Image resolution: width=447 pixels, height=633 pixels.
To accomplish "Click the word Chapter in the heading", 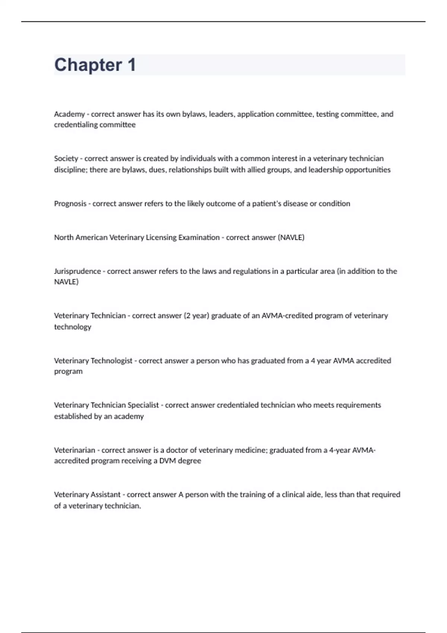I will click(88, 65).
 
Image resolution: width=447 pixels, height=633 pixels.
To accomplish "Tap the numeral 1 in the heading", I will click(131, 65).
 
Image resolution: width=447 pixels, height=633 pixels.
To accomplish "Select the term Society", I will click(66, 159).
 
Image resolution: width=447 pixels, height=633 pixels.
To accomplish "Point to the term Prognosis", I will click(70, 204).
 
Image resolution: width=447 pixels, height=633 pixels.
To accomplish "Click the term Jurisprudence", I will click(77, 271).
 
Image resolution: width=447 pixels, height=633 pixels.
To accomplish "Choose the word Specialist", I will click(143, 405).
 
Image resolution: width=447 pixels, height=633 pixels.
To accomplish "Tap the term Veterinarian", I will click(74, 450).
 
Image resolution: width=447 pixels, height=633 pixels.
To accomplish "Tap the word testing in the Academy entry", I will click(327, 114).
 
